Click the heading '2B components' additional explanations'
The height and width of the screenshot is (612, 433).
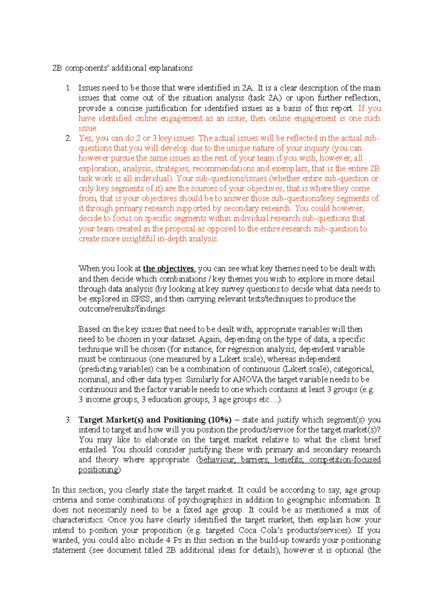click(x=122, y=68)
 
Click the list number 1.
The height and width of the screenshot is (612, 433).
click(x=68, y=88)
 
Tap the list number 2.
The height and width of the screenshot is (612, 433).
click(x=68, y=138)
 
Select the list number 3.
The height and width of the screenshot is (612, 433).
click(x=68, y=420)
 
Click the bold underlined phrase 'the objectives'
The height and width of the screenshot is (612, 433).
click(x=169, y=269)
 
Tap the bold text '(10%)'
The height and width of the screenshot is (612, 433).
click(x=220, y=420)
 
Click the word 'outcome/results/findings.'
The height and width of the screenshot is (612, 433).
click(x=122, y=309)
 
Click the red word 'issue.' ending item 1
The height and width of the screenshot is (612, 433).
click(x=88, y=128)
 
